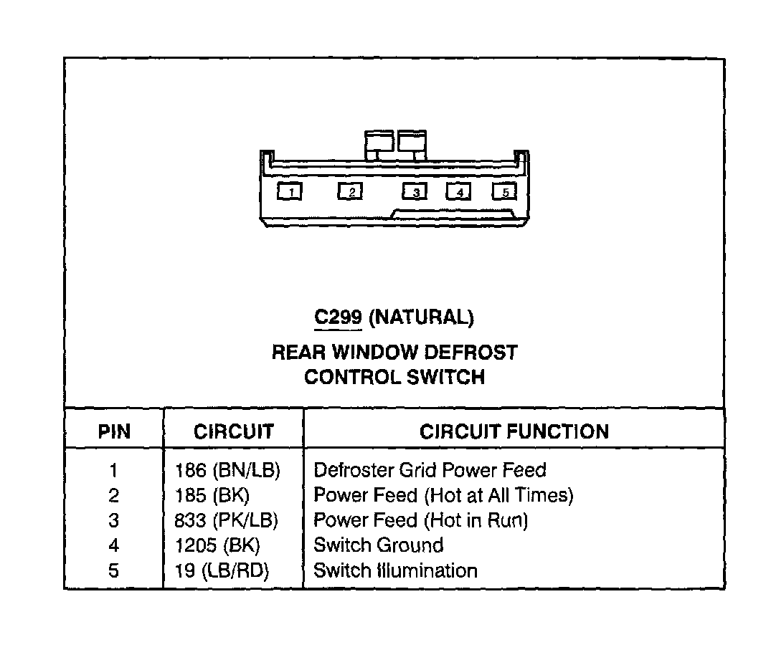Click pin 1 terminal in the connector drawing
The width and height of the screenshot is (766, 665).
[290, 191]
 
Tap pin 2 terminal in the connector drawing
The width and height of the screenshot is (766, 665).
[350, 191]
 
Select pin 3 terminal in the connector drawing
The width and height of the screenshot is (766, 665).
[415, 191]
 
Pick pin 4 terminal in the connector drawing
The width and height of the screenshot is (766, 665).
[459, 191]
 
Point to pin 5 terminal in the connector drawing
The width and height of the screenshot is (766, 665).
[504, 191]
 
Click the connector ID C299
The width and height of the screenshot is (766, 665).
[337, 317]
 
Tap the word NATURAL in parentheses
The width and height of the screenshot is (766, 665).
[421, 317]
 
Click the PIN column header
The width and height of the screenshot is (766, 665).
[114, 431]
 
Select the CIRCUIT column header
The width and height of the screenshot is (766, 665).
[233, 431]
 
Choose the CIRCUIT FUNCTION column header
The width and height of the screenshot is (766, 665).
[514, 431]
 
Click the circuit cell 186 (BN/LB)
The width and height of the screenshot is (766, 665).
[227, 471]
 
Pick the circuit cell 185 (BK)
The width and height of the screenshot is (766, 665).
[212, 495]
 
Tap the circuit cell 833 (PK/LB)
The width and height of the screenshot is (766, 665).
[226, 520]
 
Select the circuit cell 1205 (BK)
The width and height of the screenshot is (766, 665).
[217, 545]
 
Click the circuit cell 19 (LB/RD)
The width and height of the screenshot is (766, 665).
[226, 570]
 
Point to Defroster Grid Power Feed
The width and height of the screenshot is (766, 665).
[430, 471]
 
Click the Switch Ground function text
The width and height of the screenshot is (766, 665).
[378, 545]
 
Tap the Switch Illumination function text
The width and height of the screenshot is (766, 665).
[395, 570]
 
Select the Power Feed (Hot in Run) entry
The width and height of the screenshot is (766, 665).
[420, 520]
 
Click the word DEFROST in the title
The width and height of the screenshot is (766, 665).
[470, 353]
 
